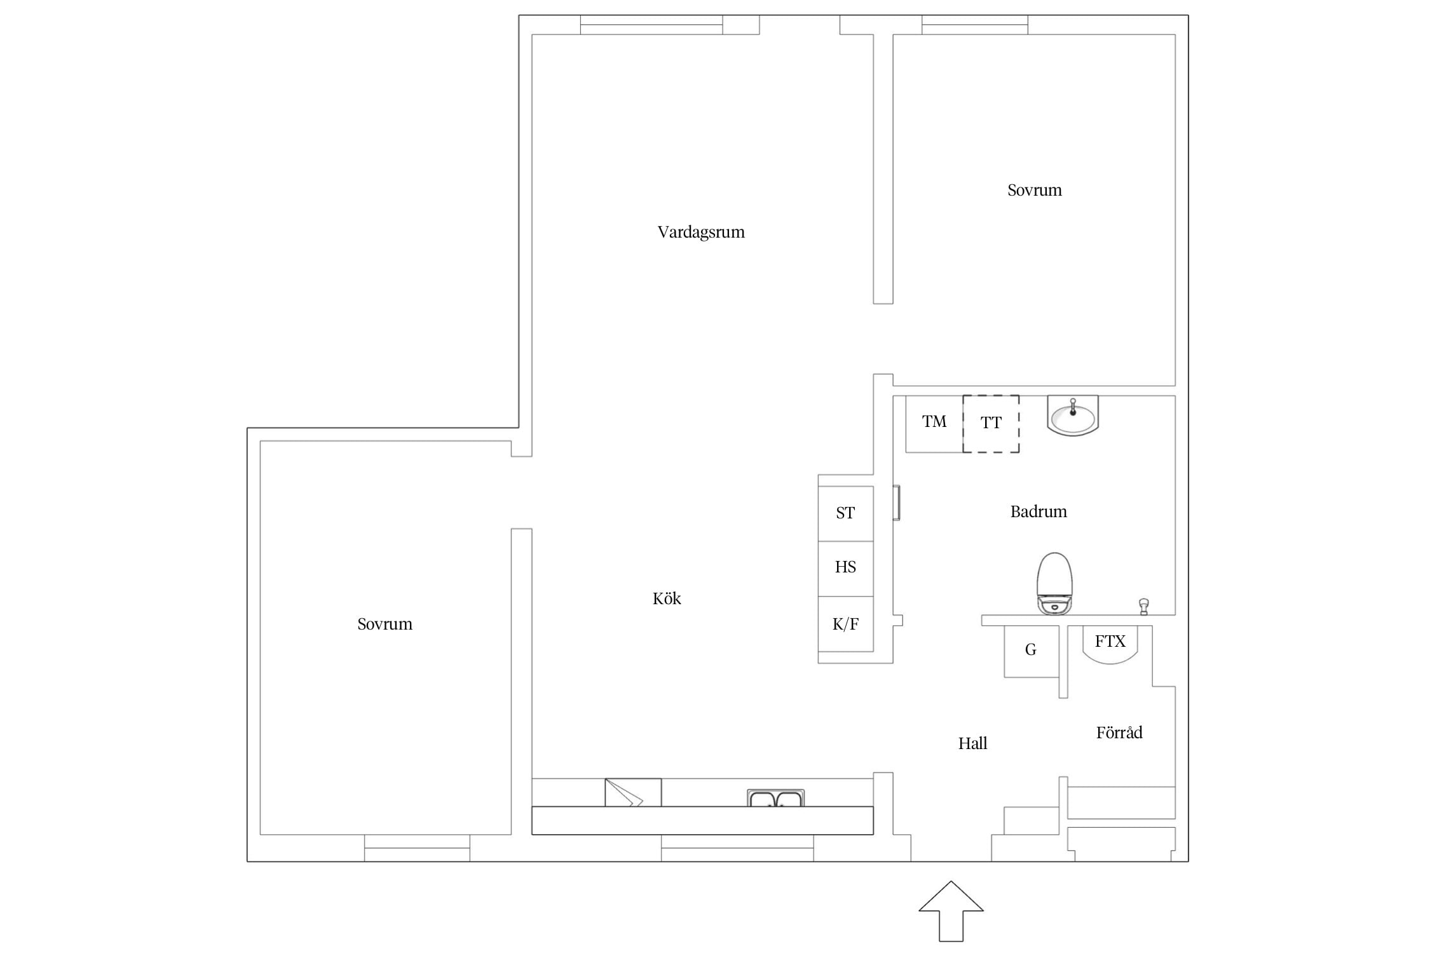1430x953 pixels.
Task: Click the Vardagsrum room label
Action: click(701, 233)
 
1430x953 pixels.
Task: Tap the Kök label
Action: click(667, 598)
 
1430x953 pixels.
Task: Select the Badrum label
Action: click(1038, 511)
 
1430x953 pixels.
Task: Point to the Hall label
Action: click(972, 743)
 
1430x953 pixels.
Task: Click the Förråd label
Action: click(1119, 733)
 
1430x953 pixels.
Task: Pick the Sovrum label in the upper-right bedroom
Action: click(1035, 190)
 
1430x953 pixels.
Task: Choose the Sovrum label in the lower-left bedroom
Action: click(385, 624)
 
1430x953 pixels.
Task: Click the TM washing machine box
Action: click(934, 424)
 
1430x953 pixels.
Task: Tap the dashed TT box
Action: click(991, 424)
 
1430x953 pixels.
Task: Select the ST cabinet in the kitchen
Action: click(845, 513)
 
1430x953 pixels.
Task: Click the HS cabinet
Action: click(845, 569)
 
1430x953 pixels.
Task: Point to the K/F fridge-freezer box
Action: click(845, 624)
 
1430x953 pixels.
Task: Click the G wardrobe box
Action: click(1032, 651)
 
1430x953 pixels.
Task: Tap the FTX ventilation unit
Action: click(1110, 644)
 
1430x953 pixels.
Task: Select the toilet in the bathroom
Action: click(1054, 583)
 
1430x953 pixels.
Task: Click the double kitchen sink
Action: click(775, 798)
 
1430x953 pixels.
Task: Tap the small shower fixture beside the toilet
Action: click(1144, 606)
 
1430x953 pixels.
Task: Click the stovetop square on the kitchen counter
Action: click(633, 792)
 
